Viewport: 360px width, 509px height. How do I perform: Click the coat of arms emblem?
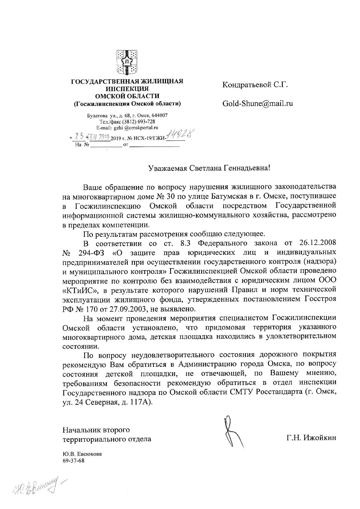click(x=127, y=62)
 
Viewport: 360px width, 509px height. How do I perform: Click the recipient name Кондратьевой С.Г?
click(x=255, y=85)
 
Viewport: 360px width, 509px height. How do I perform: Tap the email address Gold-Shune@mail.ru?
click(x=258, y=103)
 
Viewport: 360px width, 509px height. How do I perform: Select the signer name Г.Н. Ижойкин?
click(x=311, y=438)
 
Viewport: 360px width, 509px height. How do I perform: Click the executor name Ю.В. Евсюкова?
click(x=82, y=454)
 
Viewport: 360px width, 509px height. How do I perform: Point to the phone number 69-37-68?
click(x=73, y=461)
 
